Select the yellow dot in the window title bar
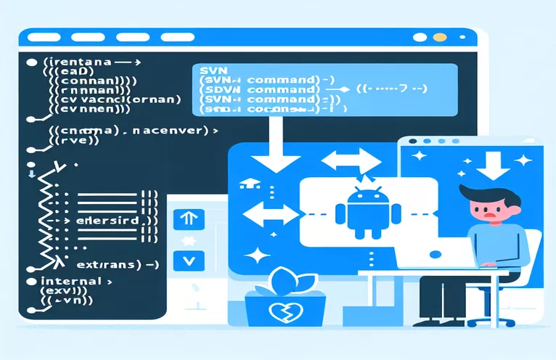438,37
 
